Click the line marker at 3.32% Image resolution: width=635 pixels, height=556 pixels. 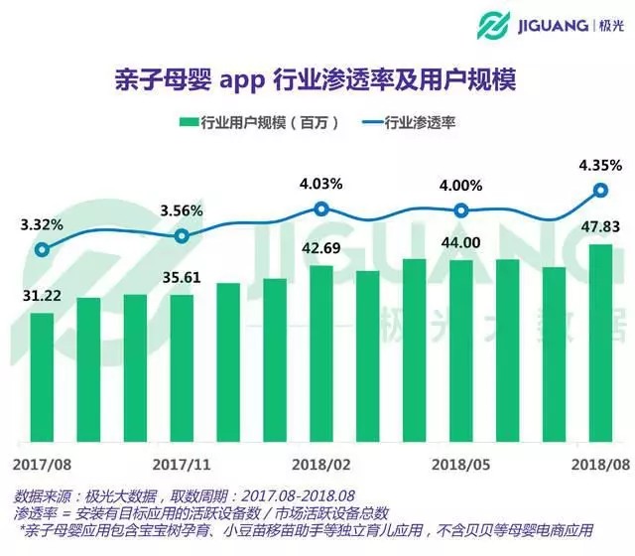click(x=42, y=249)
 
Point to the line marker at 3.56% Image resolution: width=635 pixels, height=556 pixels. click(x=182, y=235)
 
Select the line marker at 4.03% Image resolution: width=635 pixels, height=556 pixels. click(x=321, y=208)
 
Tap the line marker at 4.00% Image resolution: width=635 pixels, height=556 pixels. click(x=461, y=209)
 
